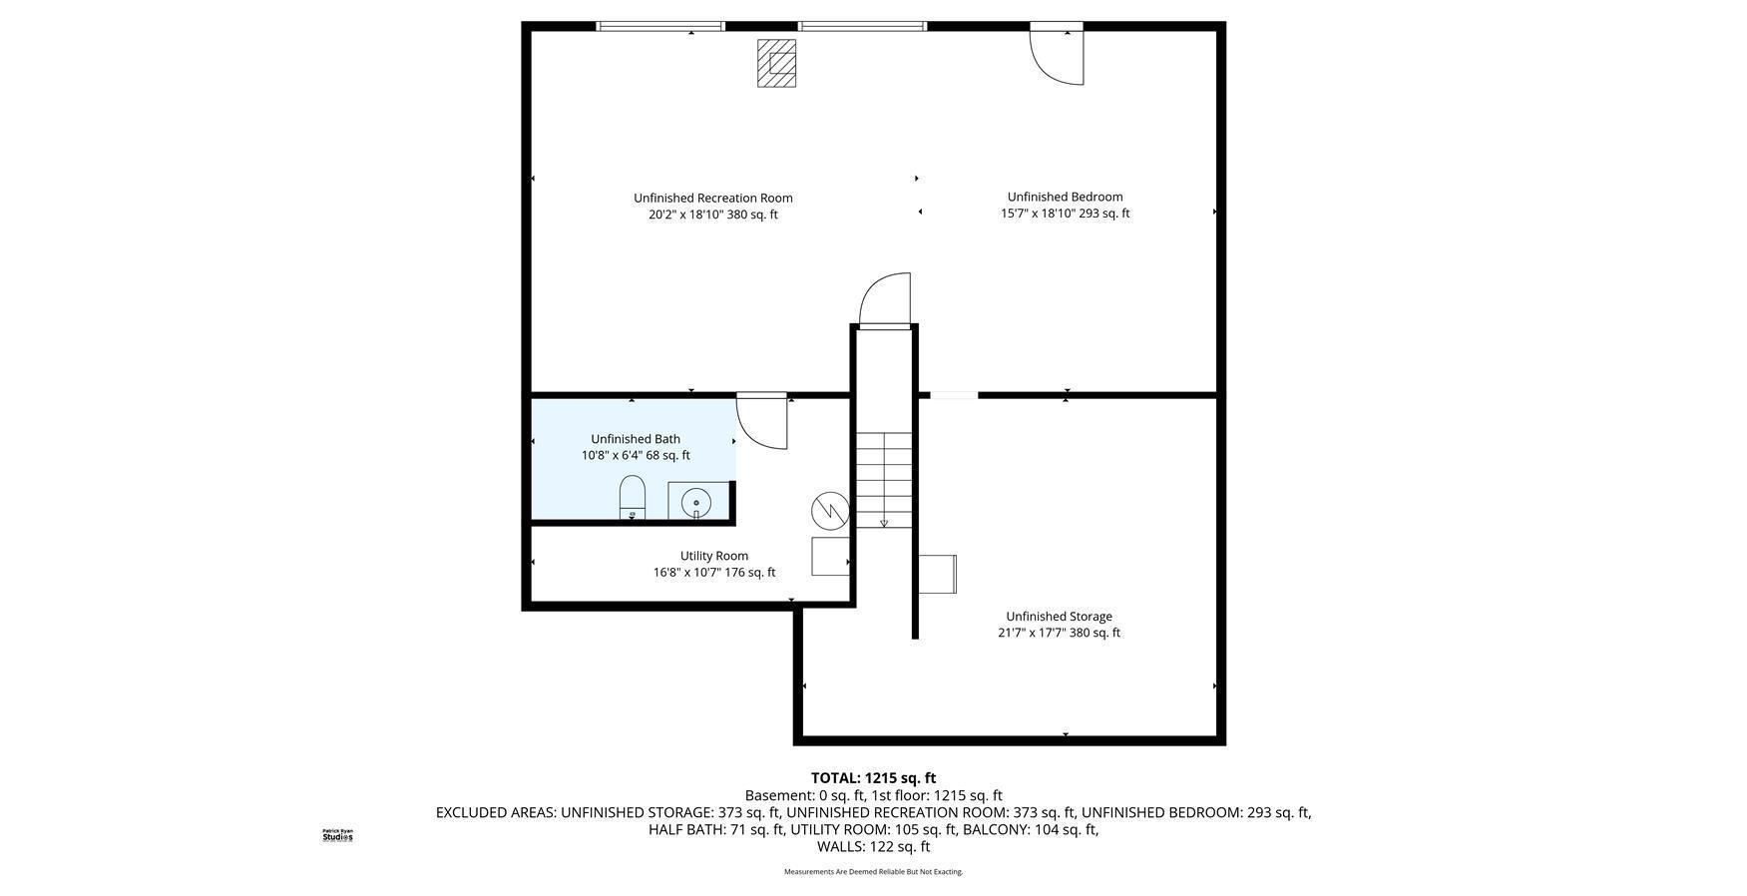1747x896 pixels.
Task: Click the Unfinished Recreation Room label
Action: [712, 198]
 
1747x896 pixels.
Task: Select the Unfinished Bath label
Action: [635, 439]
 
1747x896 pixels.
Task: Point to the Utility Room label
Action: [713, 556]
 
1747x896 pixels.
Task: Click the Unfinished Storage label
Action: [1058, 617]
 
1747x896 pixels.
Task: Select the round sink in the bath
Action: [695, 502]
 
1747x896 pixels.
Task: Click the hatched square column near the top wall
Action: [776, 63]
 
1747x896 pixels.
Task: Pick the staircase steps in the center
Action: [884, 479]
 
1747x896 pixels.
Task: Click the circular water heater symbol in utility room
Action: [829, 512]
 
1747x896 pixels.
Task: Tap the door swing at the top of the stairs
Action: [886, 298]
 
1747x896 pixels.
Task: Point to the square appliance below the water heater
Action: [830, 556]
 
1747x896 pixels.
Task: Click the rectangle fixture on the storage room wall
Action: [938, 574]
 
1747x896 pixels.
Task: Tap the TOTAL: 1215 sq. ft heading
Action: [873, 778]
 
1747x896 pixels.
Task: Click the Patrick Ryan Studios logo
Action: [337, 835]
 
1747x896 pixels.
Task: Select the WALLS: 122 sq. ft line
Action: [873, 846]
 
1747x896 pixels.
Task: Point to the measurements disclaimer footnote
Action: [873, 872]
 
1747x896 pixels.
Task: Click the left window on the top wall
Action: [660, 26]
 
